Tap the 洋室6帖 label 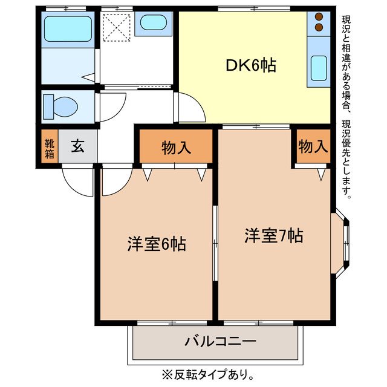[156, 244]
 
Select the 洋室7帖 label [273, 235]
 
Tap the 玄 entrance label [77, 147]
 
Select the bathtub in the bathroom [67, 27]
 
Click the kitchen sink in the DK [318, 68]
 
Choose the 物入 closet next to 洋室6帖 [176, 147]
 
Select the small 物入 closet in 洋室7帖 [313, 147]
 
